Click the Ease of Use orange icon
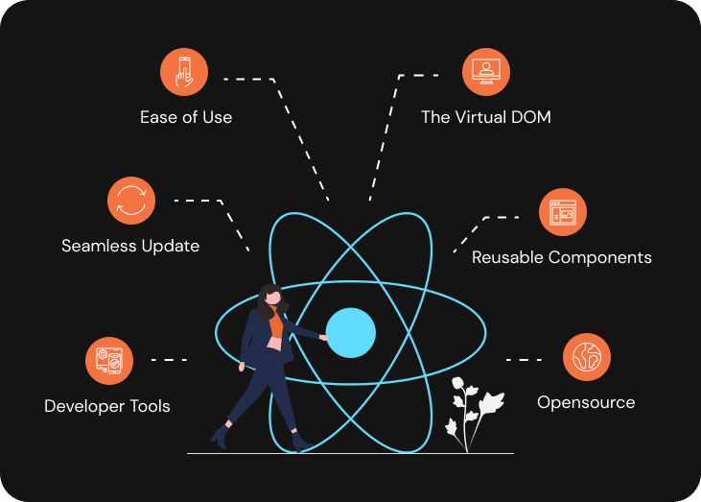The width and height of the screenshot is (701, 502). [184, 72]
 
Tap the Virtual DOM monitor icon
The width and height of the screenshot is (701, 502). [486, 72]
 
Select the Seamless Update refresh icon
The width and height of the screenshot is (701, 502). [130, 201]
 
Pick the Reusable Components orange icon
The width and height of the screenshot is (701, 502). [562, 212]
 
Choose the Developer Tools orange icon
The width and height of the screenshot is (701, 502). [108, 361]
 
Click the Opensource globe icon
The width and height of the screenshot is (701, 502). [586, 358]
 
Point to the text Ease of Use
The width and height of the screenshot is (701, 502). [186, 117]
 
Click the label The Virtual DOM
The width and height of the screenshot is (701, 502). [486, 117]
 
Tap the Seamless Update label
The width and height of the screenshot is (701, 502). [130, 246]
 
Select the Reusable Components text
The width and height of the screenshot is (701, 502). [562, 257]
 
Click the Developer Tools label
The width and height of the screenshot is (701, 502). [107, 406]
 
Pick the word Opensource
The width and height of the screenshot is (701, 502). [586, 402]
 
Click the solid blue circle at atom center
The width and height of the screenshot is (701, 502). [350, 332]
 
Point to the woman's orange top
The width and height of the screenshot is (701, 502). [276, 323]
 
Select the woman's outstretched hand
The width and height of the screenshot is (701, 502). [324, 337]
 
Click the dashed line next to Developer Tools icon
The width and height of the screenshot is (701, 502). [169, 360]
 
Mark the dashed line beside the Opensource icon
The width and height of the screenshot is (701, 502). [524, 360]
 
